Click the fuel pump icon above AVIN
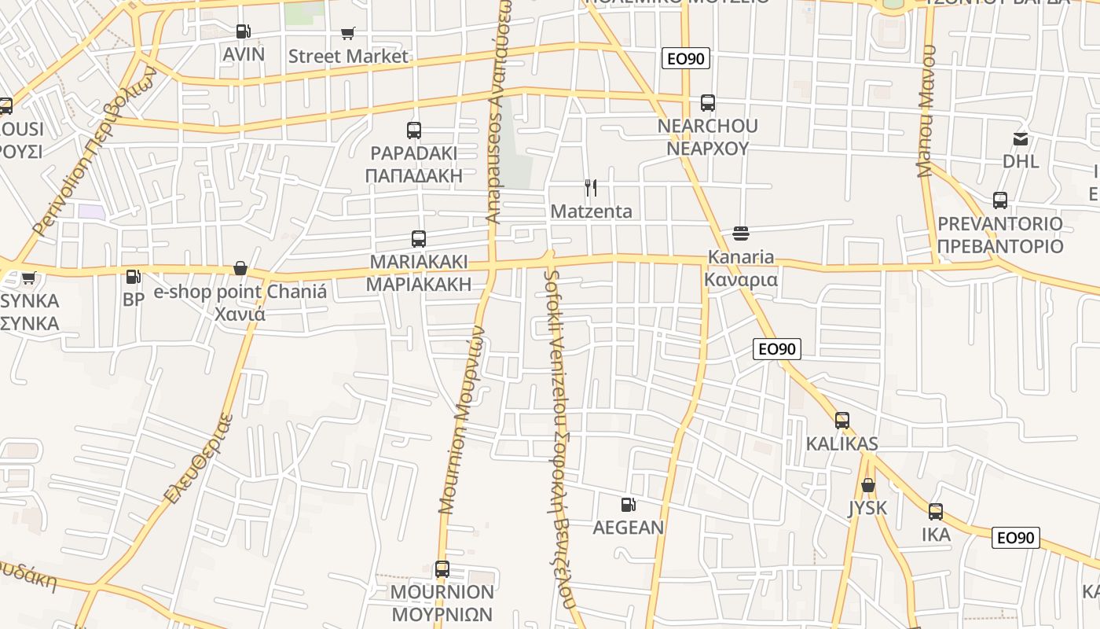tap(244, 31)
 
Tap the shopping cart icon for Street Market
tap(348, 33)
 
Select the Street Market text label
tap(348, 56)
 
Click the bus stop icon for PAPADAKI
tap(414, 131)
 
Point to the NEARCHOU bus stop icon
tap(708, 103)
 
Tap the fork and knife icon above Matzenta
tap(591, 188)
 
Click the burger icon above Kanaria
tap(740, 234)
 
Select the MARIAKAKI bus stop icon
tap(419, 239)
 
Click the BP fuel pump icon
tap(134, 277)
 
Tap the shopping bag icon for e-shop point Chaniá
tap(240, 269)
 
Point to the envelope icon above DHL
tap(1021, 139)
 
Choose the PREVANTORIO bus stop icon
tap(1000, 200)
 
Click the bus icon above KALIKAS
tap(842, 421)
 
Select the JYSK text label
tap(867, 508)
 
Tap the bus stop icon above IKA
tap(936, 512)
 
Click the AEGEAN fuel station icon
tap(628, 505)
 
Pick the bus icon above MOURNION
tap(442, 569)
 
